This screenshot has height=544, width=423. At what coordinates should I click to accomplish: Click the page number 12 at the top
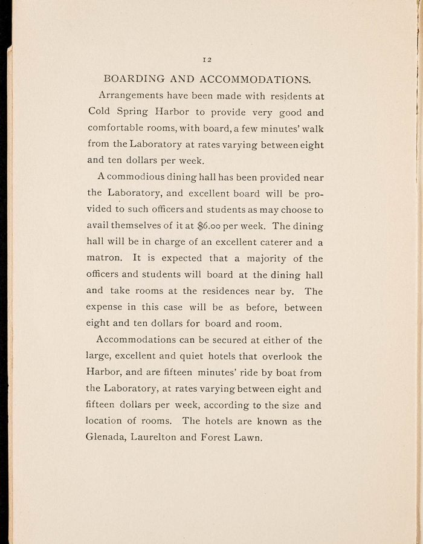206,59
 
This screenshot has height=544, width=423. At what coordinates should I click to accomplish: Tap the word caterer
273,243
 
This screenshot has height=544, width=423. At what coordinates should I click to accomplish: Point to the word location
109,422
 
